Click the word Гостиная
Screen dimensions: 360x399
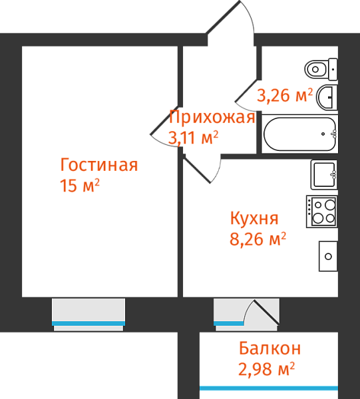99,165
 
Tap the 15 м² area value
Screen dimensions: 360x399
79,186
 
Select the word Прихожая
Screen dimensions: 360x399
212,118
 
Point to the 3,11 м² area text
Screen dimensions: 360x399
193,138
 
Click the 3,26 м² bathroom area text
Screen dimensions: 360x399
285,96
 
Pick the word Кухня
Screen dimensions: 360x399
254,218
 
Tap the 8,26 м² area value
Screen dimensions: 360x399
258,239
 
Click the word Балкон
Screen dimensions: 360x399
270,348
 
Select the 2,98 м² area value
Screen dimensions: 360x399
267,369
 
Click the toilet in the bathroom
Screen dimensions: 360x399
321,69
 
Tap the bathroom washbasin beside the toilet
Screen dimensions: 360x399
327,98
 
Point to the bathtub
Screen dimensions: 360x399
300,134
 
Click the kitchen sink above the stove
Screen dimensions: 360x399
324,174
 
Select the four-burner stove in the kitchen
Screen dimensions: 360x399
321,211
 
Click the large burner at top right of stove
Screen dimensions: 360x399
330,205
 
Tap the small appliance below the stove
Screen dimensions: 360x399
328,256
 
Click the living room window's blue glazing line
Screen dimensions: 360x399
89,323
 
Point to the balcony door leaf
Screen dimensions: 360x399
266,313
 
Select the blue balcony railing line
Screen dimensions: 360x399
269,388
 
